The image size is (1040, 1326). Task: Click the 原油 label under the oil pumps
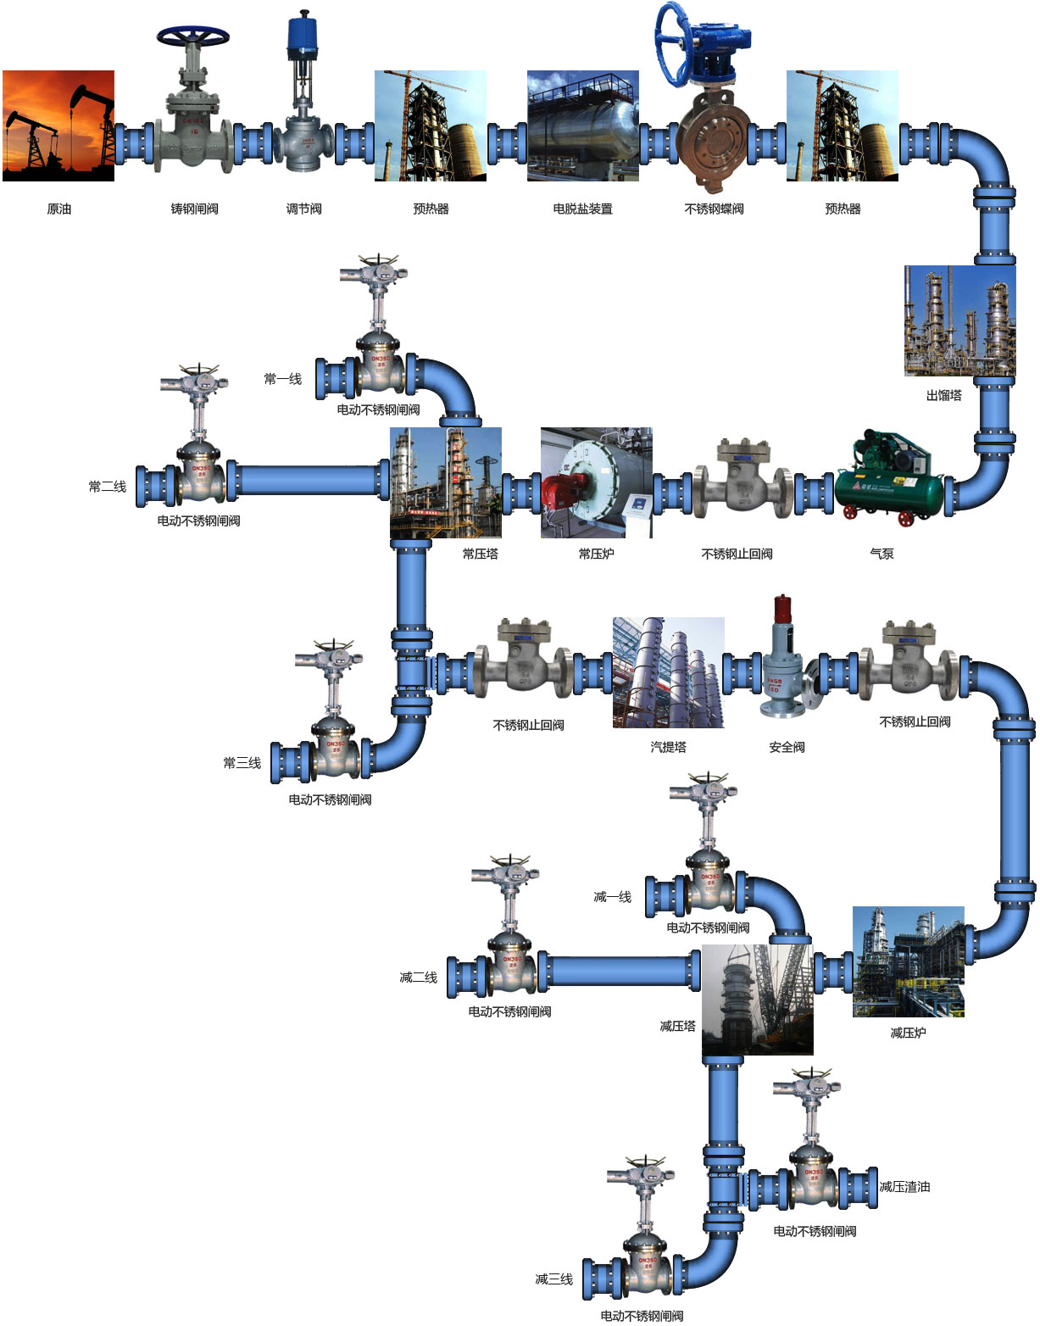(58, 209)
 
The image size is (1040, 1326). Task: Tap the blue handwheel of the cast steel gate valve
(193, 36)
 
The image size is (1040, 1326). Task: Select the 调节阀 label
(303, 209)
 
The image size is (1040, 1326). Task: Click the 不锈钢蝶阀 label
(714, 209)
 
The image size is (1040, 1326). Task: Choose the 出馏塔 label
(943, 395)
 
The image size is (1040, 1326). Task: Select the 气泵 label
(881, 554)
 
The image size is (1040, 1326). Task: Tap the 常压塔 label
(480, 554)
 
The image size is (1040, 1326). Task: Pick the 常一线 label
(282, 379)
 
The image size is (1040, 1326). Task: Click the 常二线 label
(107, 487)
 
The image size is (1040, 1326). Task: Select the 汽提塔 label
(668, 747)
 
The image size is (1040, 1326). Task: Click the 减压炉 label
(908, 1033)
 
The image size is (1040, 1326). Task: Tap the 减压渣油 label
(904, 1187)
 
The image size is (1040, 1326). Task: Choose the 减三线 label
(553, 1279)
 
